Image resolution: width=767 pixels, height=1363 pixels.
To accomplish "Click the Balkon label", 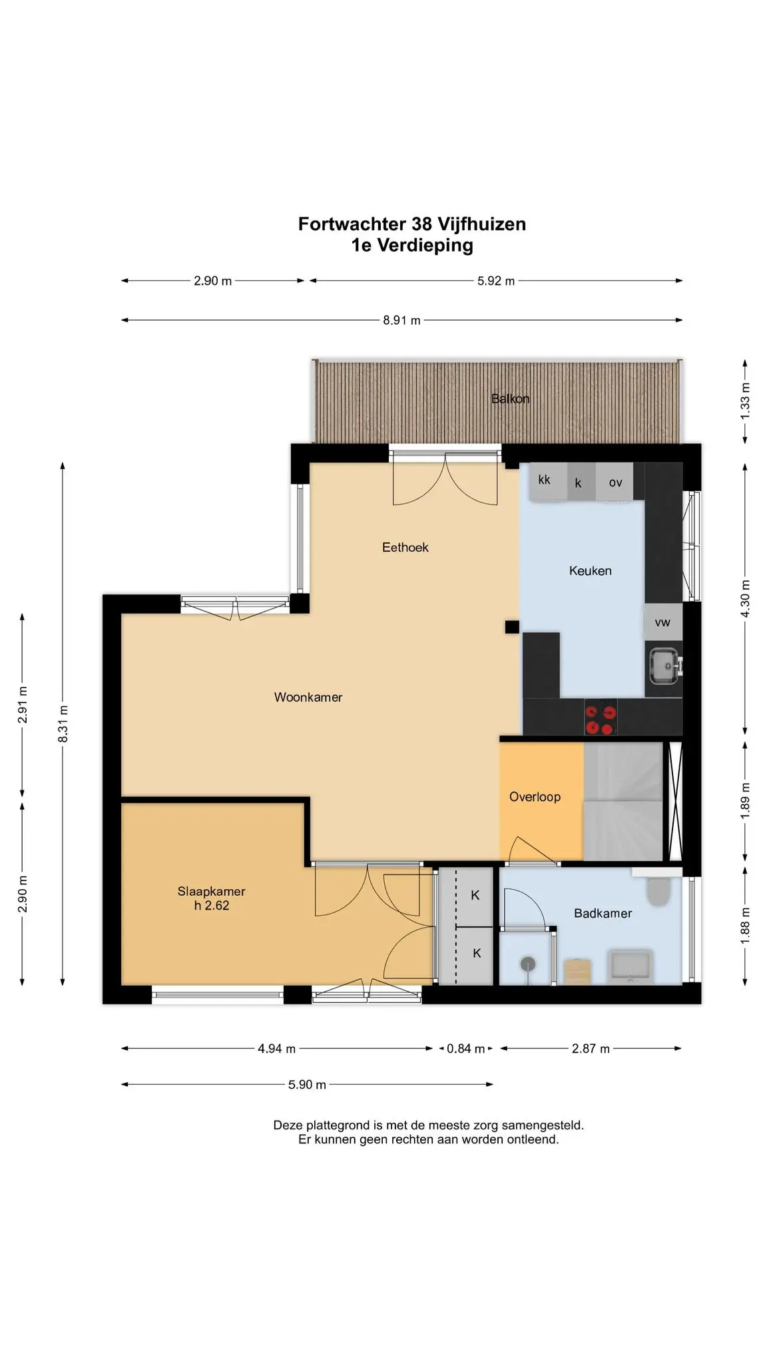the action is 510,399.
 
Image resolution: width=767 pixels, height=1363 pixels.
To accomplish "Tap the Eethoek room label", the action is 405,547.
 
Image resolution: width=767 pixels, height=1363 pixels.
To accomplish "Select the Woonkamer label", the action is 308,697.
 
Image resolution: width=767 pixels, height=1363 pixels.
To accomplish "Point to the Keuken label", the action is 590,570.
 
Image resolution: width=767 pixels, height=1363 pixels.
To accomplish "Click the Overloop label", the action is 535,797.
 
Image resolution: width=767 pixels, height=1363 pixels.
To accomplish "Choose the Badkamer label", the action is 603,913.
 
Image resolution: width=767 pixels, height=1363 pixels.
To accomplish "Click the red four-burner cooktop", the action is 601,717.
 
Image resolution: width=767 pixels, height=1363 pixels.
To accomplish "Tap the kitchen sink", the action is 664,666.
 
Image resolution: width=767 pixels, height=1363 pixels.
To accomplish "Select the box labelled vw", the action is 662,622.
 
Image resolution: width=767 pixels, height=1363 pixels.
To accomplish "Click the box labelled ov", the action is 615,481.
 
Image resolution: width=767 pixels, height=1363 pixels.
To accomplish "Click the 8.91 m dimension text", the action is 401,320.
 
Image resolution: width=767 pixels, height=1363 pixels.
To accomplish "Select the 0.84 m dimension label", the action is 465,1049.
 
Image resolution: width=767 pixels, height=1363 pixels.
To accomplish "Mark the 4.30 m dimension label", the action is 745,598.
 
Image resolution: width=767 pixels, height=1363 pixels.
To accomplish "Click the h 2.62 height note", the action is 212,905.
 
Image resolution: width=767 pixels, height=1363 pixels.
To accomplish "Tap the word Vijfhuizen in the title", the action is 481,224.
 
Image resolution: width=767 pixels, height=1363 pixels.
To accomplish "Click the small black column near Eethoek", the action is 511,626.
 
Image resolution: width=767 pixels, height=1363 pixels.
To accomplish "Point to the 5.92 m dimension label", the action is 496,281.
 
